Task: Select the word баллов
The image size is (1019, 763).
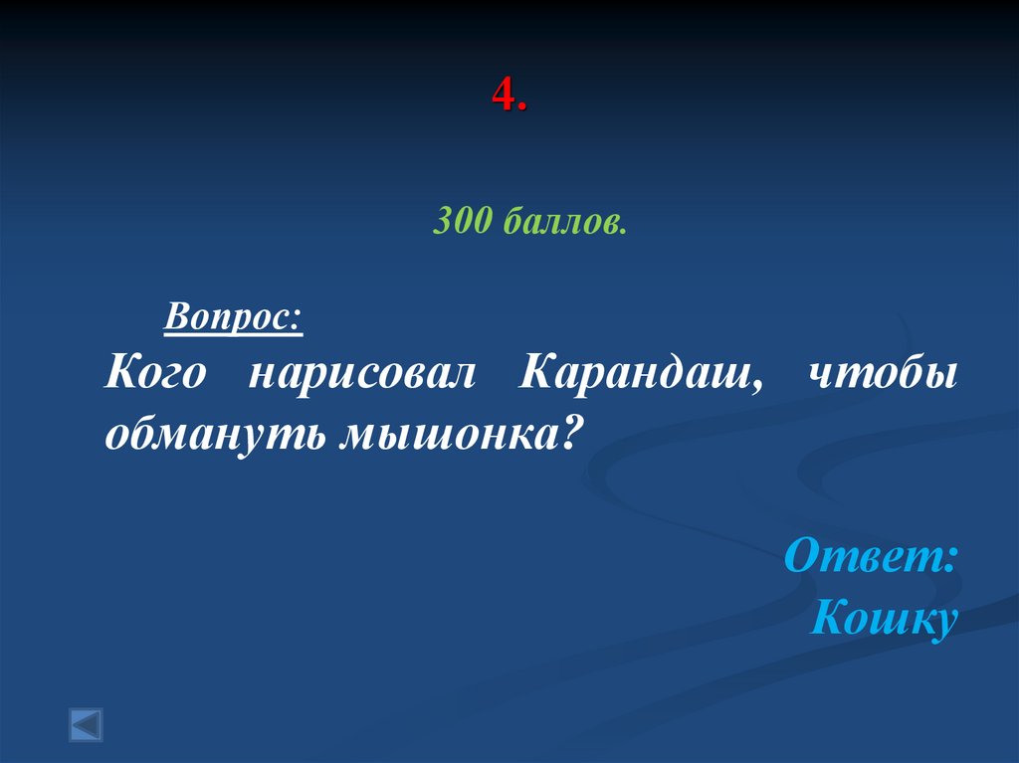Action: [x=560, y=223]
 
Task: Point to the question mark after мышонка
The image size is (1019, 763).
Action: [x=566, y=434]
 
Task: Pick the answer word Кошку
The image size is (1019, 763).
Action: [x=884, y=620]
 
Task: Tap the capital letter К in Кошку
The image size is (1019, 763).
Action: [x=830, y=618]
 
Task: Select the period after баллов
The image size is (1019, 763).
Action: [x=624, y=231]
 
